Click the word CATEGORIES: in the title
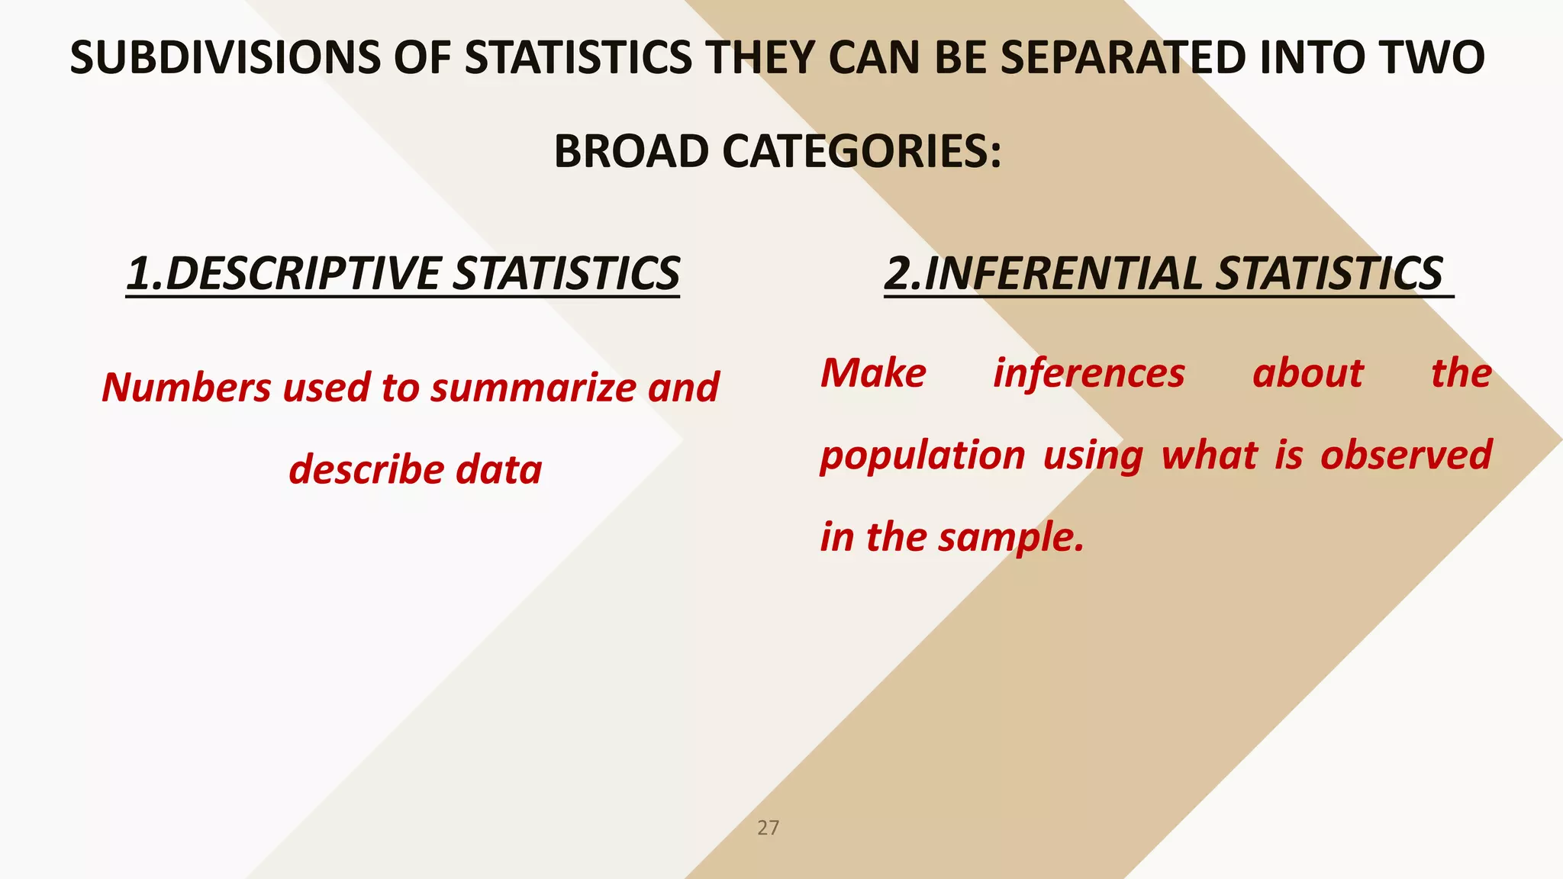coord(862,151)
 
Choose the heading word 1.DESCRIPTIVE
coord(282,273)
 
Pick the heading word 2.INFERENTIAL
coord(1043,273)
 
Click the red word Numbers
coord(186,387)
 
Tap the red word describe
coord(366,469)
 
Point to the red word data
coord(499,469)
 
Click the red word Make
coord(873,374)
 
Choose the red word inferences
coord(1089,374)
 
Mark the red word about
coord(1307,374)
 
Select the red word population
coord(922,456)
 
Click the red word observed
coord(1406,456)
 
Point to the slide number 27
coord(768,828)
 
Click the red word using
coord(1093,456)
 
